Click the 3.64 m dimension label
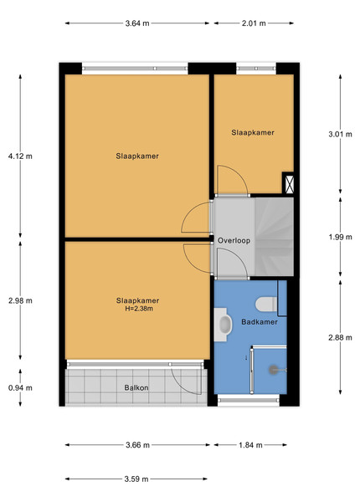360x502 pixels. click(x=137, y=23)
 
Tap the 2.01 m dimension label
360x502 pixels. click(x=254, y=23)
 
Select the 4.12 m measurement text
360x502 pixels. click(x=20, y=156)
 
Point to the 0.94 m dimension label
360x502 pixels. click(x=20, y=387)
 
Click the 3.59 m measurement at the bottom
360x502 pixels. click(x=136, y=479)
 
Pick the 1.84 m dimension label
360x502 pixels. click(x=250, y=445)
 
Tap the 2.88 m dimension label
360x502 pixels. click(x=340, y=337)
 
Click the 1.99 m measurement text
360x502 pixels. click(x=340, y=237)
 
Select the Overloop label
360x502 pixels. click(x=234, y=240)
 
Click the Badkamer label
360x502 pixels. click(x=260, y=322)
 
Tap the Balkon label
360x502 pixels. click(x=136, y=387)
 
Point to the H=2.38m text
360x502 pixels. click(x=139, y=309)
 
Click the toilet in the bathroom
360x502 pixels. click(x=266, y=305)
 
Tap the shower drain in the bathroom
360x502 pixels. click(x=274, y=370)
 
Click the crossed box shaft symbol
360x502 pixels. click(x=289, y=182)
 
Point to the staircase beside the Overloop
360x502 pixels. click(x=274, y=237)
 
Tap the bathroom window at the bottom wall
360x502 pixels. click(x=249, y=400)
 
